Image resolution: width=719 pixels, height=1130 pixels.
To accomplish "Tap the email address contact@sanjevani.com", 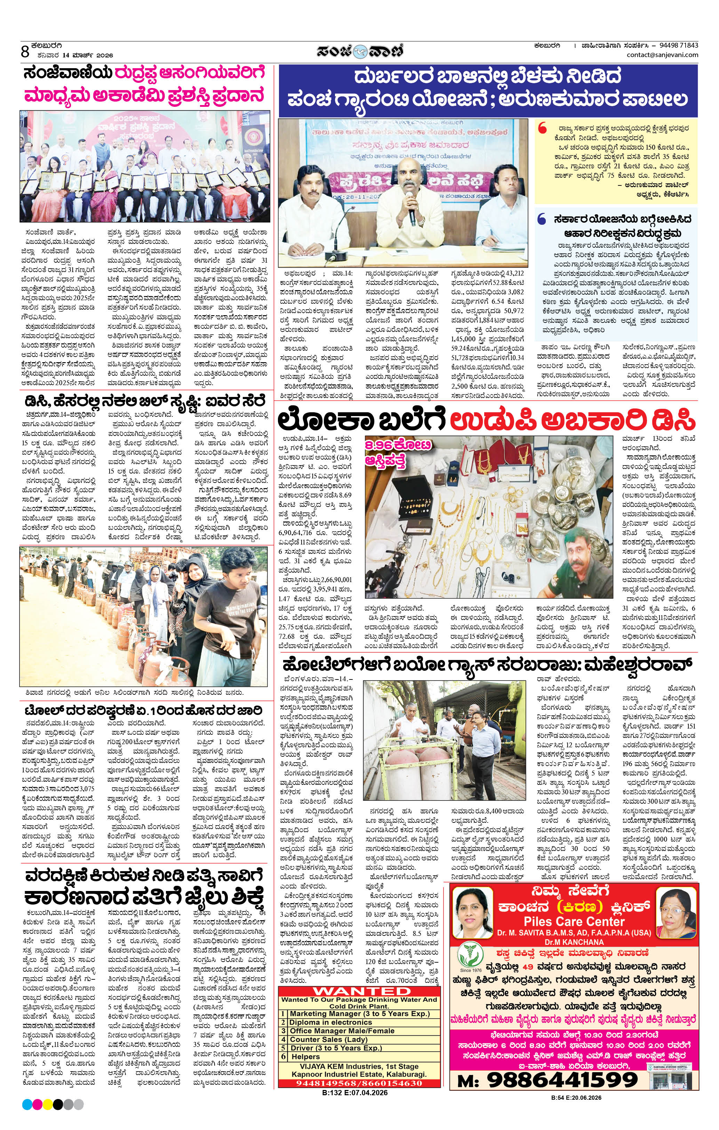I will pos(662,54).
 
